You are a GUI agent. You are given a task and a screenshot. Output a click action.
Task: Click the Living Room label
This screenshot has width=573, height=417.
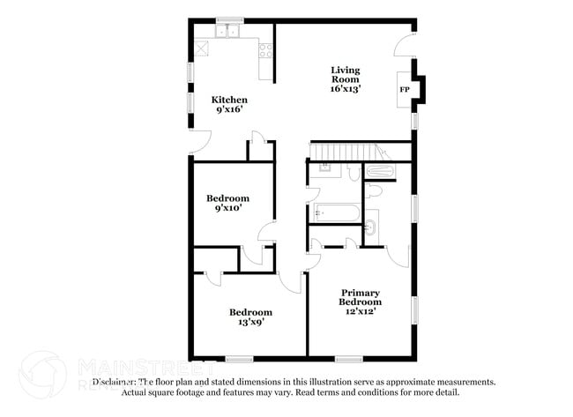345,74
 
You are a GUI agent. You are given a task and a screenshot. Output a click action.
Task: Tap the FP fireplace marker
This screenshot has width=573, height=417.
405,89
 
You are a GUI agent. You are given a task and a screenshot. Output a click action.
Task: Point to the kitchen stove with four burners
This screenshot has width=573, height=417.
266,50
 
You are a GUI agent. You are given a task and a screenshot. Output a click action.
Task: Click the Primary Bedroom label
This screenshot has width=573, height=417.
360,296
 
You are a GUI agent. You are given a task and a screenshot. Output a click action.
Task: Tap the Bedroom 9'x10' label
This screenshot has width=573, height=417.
227,203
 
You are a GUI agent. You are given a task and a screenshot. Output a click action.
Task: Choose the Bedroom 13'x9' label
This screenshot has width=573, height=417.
250,316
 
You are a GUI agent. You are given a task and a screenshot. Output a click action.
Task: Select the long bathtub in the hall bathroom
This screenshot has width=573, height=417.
337,212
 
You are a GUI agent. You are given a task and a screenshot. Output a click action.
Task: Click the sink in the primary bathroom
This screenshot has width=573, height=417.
370,227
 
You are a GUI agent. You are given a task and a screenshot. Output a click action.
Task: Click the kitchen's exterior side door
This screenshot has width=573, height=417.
200,141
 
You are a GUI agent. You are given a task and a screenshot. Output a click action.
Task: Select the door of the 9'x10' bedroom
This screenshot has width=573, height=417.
265,232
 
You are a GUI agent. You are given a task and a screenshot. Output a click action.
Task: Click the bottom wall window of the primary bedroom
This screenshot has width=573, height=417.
349,358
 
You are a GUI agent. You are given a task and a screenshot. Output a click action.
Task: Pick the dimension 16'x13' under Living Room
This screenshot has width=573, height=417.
345,89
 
